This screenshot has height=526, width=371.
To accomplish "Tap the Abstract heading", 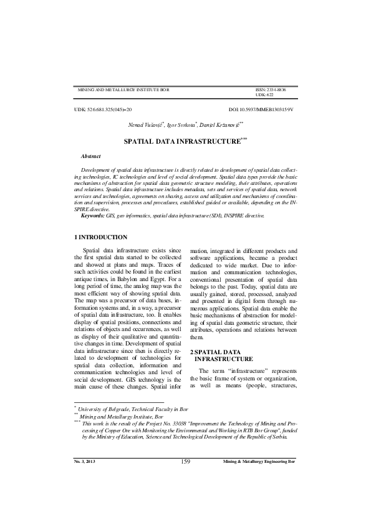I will [x=91, y=155].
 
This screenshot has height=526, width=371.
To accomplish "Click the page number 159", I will [x=185, y=479].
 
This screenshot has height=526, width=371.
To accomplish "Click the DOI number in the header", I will [x=261, y=109].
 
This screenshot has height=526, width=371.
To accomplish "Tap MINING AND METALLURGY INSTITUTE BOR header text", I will [x=123, y=90].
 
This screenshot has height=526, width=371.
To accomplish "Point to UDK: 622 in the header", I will [x=264, y=95].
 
